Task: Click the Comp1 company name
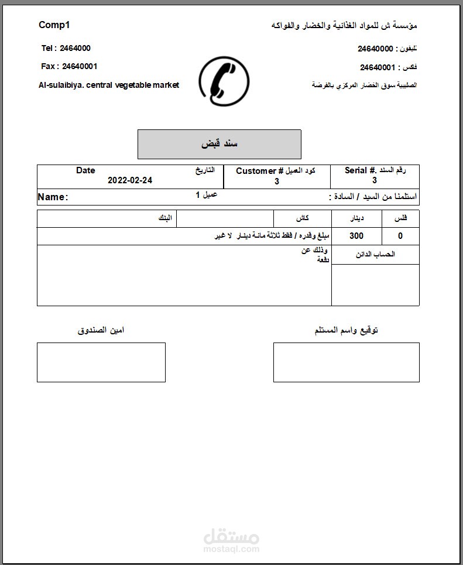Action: [54, 25]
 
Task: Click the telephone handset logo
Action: [224, 81]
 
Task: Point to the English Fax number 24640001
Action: [80, 66]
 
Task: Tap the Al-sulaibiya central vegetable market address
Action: [109, 85]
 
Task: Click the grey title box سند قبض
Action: [219, 144]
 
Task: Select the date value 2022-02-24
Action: [130, 180]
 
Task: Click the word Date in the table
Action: [85, 170]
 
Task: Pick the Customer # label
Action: [259, 170]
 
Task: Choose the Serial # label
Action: [360, 170]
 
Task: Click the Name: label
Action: [53, 197]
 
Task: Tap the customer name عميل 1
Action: [206, 194]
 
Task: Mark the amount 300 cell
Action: [356, 236]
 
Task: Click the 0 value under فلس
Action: [400, 236]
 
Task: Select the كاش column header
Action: [303, 218]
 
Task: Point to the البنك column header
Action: [166, 218]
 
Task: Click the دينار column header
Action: [356, 218]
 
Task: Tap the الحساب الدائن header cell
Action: [375, 255]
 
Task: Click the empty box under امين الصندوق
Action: [101, 362]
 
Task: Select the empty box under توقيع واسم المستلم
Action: [346, 362]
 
